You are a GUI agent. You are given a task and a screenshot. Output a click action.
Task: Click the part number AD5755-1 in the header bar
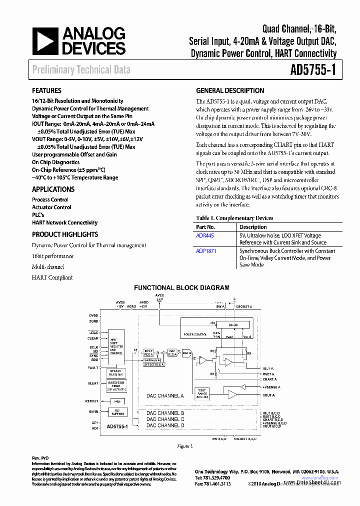tap(313, 69)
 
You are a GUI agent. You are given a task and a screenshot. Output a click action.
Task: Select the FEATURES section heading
tap(46, 90)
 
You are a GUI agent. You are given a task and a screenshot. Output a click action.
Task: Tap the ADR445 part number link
tap(205, 235)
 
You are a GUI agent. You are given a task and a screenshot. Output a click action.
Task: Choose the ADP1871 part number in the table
tap(206, 251)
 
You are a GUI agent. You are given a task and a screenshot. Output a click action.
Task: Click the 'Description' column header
tap(253, 227)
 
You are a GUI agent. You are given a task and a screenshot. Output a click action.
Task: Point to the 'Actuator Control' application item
tap(51, 207)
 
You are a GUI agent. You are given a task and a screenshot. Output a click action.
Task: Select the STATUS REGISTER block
tap(116, 372)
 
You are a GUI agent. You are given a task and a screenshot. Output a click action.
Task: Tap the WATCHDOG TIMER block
tap(116, 386)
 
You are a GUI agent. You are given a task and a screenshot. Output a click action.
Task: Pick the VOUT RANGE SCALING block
tap(202, 393)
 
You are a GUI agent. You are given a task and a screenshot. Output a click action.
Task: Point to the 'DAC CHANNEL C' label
tap(165, 419)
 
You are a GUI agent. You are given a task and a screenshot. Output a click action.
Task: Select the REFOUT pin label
tap(92, 401)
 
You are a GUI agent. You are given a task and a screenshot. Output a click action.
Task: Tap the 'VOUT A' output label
tap(268, 395)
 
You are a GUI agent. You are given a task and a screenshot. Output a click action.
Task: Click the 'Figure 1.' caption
tap(185, 445)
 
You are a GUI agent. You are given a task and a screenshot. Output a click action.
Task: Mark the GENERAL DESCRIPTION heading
tap(230, 90)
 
